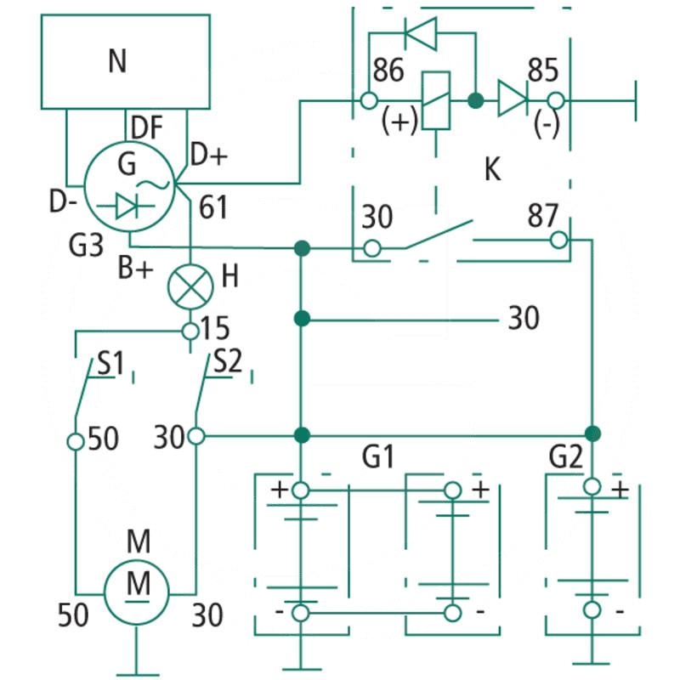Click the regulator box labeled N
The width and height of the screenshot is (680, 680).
click(x=126, y=61)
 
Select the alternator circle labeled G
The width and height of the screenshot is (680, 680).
click(x=129, y=187)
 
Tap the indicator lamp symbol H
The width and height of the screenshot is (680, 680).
click(x=190, y=286)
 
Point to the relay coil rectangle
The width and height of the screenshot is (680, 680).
click(x=436, y=100)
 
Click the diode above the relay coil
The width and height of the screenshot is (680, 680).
click(x=420, y=33)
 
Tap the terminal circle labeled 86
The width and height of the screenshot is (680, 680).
click(x=369, y=100)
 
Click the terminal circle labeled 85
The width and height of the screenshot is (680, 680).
click(x=556, y=101)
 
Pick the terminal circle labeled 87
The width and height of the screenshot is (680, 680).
click(x=559, y=240)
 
